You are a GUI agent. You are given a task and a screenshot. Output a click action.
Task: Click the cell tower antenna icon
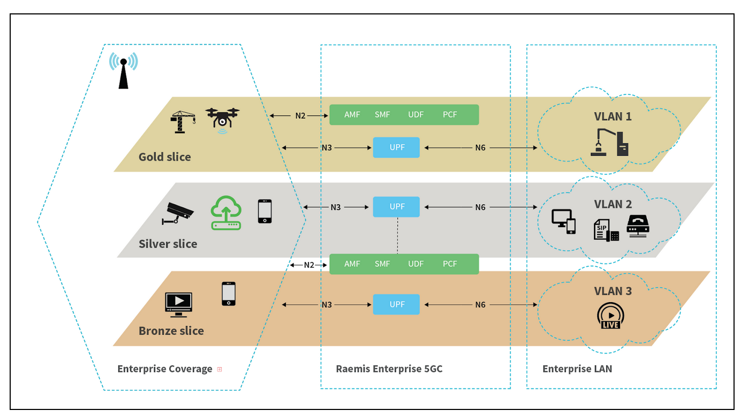tap(123, 71)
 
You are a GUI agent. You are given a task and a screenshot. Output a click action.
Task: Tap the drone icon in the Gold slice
tap(222, 120)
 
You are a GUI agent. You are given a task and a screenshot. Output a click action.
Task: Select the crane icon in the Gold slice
tap(183, 122)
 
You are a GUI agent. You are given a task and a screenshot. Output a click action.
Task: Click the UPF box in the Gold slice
tap(396, 147)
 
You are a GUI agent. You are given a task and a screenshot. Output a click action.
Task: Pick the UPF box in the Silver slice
tap(396, 207)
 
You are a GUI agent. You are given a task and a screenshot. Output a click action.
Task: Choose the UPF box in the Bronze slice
tap(396, 304)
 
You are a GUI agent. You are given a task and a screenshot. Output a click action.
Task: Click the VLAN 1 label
tap(613, 117)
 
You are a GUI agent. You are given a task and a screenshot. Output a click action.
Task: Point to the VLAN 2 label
tap(613, 204)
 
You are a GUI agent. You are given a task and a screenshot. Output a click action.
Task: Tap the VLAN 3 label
tap(613, 291)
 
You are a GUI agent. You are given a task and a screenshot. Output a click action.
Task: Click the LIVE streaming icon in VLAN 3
tap(610, 316)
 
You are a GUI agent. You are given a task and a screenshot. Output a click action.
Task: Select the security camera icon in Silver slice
tap(178, 213)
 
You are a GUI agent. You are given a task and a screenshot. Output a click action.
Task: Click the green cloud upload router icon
tap(226, 213)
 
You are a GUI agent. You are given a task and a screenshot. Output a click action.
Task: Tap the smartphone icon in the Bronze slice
tap(229, 293)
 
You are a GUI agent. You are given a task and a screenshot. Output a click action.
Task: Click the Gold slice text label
tap(165, 157)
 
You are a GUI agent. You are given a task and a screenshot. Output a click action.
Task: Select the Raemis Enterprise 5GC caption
tap(389, 369)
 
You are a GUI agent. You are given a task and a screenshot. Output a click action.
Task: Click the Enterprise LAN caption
tap(577, 369)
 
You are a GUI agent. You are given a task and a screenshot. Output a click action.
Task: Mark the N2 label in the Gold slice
tap(300, 116)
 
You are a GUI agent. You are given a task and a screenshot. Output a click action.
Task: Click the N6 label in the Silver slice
tap(480, 207)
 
